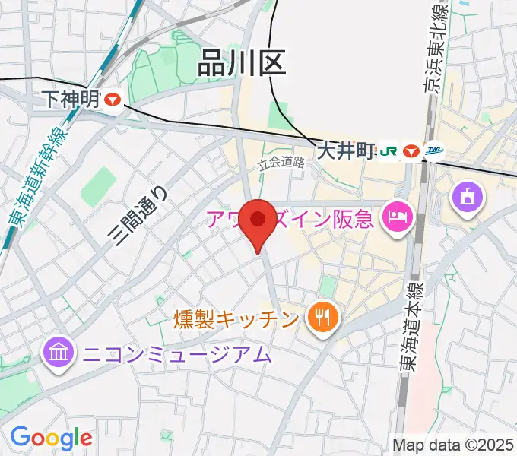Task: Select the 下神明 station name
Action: pyautogui.click(x=71, y=99)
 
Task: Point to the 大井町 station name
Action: pyautogui.click(x=347, y=150)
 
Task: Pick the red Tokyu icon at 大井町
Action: pyautogui.click(x=412, y=150)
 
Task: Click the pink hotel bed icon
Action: pyautogui.click(x=397, y=219)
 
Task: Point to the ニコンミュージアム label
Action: pyautogui.click(x=176, y=353)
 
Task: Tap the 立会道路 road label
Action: pyautogui.click(x=281, y=162)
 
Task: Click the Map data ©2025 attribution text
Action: pyautogui.click(x=452, y=444)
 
